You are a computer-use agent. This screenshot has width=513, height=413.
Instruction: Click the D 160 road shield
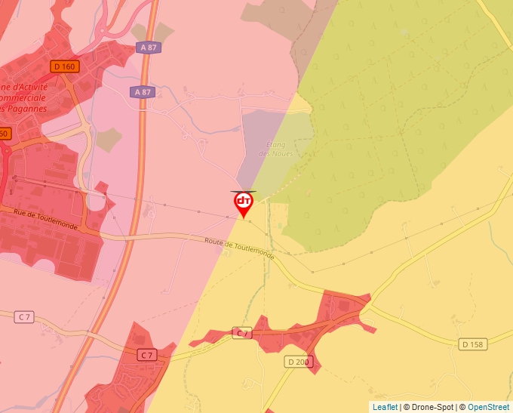(65, 66)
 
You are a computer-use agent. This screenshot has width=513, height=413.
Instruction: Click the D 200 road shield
(298, 362)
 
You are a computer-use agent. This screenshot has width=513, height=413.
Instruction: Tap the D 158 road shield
(472, 344)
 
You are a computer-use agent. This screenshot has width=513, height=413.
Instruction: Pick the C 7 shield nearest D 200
(241, 333)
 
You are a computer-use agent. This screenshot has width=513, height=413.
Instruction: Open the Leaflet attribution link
(385, 407)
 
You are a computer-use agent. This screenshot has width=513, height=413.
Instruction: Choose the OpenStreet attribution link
(490, 407)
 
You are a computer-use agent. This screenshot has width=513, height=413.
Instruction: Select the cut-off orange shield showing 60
(5, 134)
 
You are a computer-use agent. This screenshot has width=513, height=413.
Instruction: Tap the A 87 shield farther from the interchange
(142, 92)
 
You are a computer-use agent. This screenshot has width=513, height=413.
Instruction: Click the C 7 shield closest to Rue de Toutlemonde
(25, 316)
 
